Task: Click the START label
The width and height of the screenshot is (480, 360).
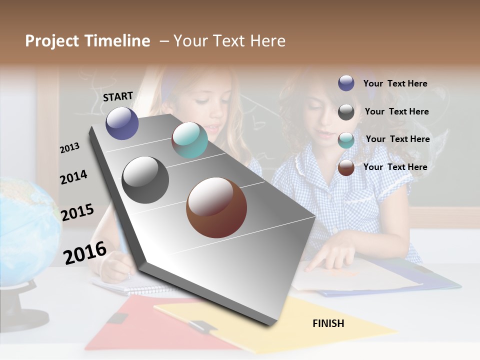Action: (118, 96)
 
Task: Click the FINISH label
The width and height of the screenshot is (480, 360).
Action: (328, 323)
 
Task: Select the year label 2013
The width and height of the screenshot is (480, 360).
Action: (69, 147)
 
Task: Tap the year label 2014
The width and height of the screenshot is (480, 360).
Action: (73, 177)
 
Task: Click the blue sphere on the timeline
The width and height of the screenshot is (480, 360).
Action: (122, 123)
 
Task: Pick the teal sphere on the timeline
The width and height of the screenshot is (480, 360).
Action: (189, 140)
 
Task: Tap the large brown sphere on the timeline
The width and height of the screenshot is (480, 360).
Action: (216, 207)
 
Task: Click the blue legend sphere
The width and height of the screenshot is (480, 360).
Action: (346, 83)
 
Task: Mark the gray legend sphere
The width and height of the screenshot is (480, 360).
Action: (346, 112)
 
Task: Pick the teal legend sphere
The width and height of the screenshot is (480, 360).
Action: (346, 140)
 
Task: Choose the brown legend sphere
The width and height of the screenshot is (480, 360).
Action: (346, 167)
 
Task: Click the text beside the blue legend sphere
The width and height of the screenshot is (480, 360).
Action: (395, 84)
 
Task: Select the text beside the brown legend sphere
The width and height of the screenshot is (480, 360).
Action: (395, 167)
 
